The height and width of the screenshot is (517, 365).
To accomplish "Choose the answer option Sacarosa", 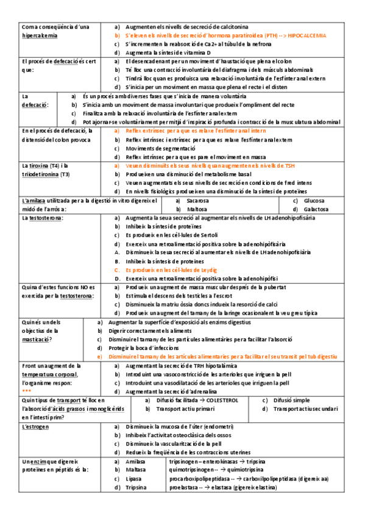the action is pos(199,201).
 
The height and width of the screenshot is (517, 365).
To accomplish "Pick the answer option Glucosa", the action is pos(314,201).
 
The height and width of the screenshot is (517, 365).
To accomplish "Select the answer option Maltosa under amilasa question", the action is pos(197,209).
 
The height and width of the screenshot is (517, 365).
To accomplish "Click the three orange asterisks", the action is pos(26,391).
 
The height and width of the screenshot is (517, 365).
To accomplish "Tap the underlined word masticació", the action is pos(37,339).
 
